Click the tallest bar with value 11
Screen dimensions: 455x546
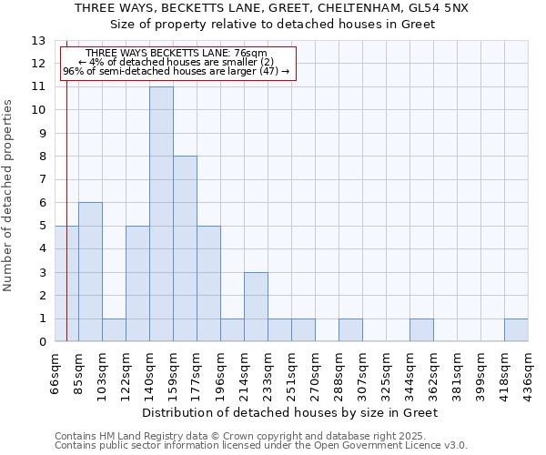point(161,214)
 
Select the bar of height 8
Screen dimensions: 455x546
point(185,248)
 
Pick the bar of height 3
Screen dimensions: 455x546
point(256,307)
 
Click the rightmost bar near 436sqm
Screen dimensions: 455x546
point(516,330)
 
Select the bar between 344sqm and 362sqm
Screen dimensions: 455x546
point(421,330)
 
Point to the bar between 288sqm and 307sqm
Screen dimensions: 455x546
point(350,330)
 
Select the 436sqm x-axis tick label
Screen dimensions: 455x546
point(529,372)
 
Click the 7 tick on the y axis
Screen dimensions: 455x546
point(42,179)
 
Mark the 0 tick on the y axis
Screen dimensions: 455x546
point(42,342)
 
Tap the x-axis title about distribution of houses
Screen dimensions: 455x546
point(291,412)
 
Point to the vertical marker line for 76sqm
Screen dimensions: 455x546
point(66,227)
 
